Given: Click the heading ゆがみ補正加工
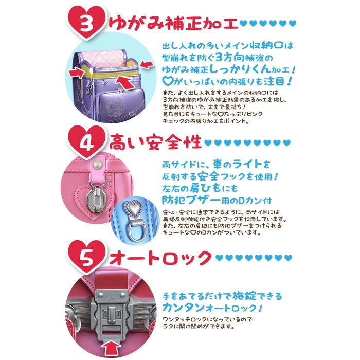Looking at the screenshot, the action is click(173, 24).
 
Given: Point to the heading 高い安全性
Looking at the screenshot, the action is click(155, 142).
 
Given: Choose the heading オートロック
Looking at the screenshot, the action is click(160, 258).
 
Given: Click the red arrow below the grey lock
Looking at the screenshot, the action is click(111, 350).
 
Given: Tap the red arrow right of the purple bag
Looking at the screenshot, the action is click(147, 64).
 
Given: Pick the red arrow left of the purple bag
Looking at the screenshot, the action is click(77, 73).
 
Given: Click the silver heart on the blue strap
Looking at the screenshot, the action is click(133, 208).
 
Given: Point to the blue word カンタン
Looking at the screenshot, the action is click(183, 308).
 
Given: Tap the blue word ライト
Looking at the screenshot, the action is click(247, 164).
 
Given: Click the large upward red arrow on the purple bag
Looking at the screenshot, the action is click(124, 83).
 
